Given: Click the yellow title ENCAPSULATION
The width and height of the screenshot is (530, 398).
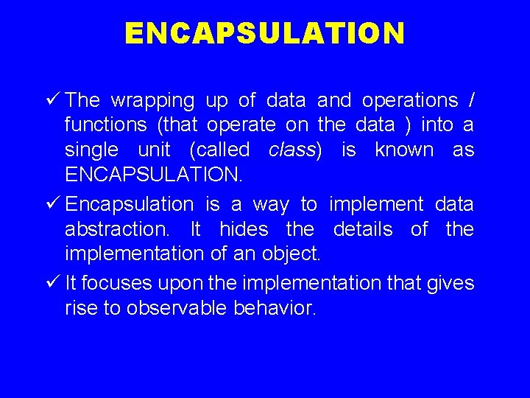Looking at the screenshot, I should click(x=264, y=33).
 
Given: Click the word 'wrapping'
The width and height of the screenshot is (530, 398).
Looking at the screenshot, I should click(x=152, y=101).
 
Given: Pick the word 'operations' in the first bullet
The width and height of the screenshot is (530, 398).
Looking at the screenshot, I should click(x=411, y=99).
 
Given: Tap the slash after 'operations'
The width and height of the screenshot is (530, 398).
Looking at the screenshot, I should click(x=471, y=99).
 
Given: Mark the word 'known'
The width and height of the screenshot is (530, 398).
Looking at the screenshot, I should click(x=404, y=150).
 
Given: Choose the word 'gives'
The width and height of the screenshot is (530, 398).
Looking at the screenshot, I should click(x=449, y=283).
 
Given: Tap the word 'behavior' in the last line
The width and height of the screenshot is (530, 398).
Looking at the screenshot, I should click(x=275, y=307).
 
